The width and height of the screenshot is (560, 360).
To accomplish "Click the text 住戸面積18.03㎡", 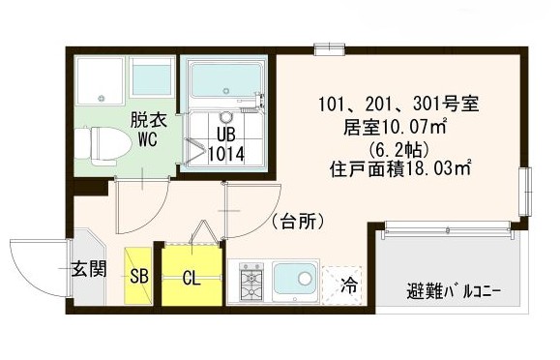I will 398,168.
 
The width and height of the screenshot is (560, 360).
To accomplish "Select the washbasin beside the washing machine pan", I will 150,77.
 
